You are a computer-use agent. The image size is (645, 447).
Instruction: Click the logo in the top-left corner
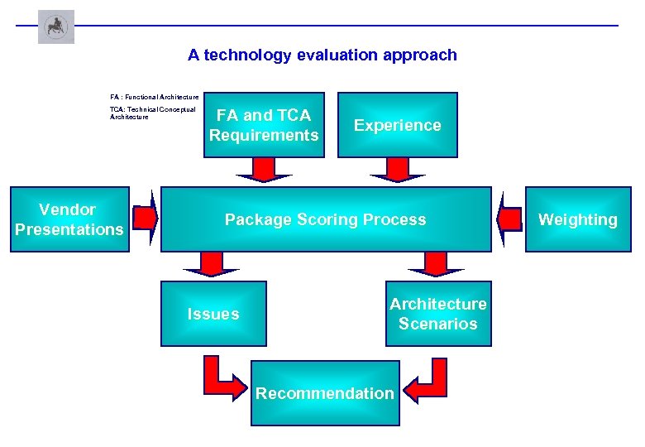[56, 26]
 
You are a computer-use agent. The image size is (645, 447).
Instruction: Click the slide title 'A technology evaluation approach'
[322, 55]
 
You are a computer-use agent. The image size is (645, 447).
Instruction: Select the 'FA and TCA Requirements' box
[264, 125]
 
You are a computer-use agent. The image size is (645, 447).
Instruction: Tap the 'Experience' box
[398, 125]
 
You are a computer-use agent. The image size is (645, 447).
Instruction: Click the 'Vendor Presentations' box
[69, 219]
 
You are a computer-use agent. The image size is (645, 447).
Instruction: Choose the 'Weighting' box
[578, 219]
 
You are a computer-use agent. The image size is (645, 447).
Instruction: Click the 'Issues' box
[213, 314]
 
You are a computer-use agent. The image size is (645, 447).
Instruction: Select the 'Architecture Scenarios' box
[438, 314]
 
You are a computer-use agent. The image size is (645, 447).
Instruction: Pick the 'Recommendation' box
[325, 393]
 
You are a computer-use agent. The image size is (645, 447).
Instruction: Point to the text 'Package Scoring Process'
[326, 219]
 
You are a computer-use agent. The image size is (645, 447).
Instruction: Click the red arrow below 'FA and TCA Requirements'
[264, 171]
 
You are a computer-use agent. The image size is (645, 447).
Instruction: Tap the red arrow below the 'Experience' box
[398, 171]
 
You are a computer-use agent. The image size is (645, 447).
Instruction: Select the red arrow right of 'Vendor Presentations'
[146, 219]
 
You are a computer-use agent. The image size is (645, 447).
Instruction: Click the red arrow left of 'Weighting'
[509, 219]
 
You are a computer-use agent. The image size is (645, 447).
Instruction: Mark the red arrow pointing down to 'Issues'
[212, 265]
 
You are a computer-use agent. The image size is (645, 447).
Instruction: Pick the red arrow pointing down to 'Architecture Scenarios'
[437, 265]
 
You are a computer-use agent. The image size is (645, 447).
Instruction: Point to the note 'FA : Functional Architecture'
[155, 97]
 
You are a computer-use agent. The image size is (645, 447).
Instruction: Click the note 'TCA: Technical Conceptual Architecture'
[153, 113]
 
